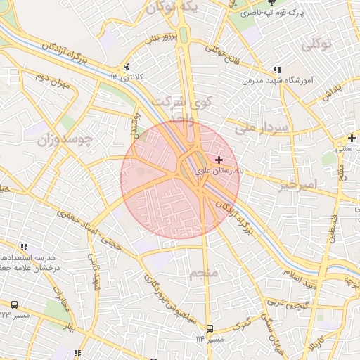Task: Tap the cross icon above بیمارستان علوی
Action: point(219,160)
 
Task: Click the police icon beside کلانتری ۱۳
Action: point(127,67)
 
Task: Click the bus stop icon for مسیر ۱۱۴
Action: point(210,328)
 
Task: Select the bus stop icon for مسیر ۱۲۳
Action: point(14,304)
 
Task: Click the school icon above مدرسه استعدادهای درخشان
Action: point(25,247)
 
